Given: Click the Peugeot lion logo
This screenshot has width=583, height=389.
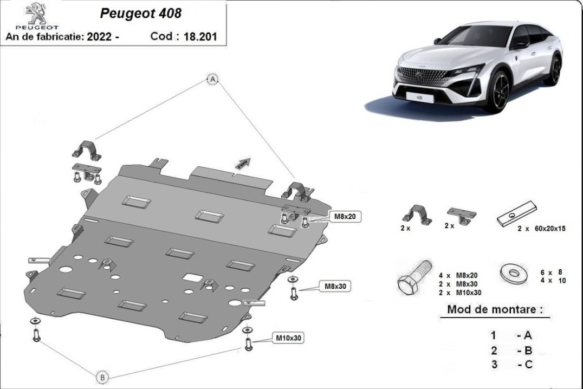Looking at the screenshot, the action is [x=36, y=14].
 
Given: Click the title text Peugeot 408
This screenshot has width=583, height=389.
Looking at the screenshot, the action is [x=140, y=14].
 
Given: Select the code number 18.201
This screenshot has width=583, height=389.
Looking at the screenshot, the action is [x=200, y=36].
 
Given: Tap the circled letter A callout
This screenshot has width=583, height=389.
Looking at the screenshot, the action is [x=213, y=79].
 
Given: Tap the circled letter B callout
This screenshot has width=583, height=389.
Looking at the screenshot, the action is [x=102, y=378].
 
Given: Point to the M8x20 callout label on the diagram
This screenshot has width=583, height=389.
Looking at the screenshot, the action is [x=345, y=216].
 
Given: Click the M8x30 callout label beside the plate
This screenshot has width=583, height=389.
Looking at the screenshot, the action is [x=335, y=286].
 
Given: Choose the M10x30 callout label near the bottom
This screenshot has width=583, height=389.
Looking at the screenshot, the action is [x=289, y=338].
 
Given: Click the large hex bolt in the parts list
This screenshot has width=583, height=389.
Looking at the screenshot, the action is [x=414, y=277].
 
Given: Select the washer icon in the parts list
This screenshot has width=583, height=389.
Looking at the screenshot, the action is [x=514, y=274].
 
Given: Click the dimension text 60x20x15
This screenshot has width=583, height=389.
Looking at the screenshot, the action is [x=550, y=228].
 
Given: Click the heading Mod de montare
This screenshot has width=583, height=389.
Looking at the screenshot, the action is [x=495, y=309].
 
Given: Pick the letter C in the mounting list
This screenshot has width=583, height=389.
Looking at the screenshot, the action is [x=528, y=364].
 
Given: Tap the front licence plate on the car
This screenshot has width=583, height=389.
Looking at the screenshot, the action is [x=419, y=98].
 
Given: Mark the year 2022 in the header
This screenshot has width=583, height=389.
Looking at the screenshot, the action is [x=99, y=36].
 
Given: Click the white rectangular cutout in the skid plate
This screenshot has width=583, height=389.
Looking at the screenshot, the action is [x=192, y=277].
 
